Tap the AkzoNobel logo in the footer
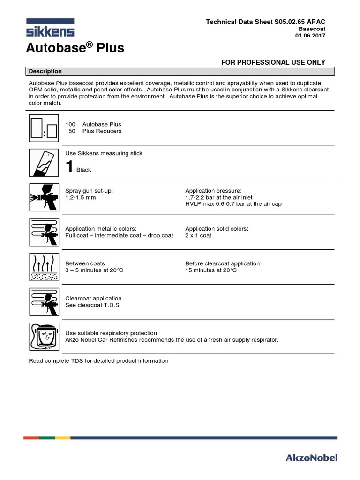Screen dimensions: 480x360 point(312,457)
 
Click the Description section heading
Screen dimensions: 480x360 point(45,71)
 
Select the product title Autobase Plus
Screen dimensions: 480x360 point(75,48)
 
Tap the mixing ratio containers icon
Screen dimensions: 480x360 point(43,127)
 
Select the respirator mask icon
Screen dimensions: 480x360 point(43,336)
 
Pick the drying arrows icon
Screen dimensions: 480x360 point(43,267)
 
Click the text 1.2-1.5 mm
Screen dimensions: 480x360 point(81,198)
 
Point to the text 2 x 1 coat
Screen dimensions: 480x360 point(198,235)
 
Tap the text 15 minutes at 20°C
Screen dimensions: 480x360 point(211,270)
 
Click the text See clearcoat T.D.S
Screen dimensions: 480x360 point(92,305)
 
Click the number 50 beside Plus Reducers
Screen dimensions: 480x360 point(72,131)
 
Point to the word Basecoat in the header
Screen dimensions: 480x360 point(312,29)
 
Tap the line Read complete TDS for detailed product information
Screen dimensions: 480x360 point(98,360)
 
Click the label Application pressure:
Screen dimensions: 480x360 point(213,191)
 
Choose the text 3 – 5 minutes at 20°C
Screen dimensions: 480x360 point(94,270)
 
